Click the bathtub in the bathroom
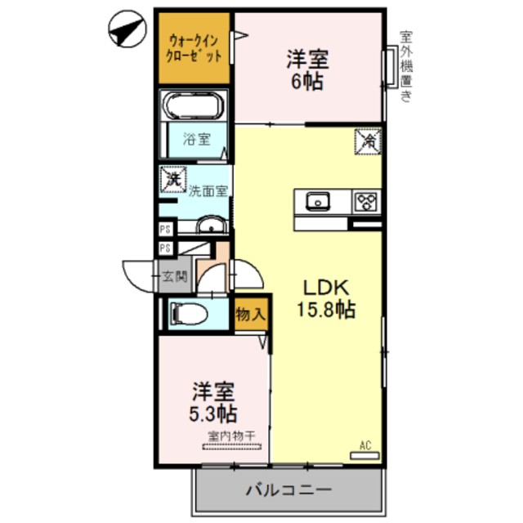point(192,106)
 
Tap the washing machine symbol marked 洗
point(173,178)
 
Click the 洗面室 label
point(208,193)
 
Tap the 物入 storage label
point(250,314)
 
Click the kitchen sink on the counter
point(317,201)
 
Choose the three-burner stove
point(365,201)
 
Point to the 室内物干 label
point(231,436)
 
